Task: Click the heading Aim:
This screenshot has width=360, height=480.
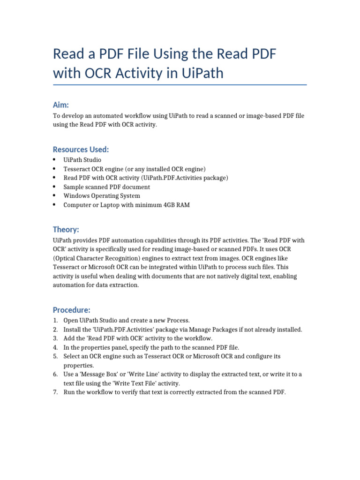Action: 61,105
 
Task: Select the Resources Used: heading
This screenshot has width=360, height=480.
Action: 81,150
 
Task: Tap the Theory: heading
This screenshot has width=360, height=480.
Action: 66,229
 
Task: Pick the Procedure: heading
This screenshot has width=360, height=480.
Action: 71,310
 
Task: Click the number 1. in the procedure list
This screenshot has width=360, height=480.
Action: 55,320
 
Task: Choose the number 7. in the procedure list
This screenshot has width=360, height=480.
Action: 55,392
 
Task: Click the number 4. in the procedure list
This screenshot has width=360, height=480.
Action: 55,347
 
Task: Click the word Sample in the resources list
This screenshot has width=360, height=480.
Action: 73,187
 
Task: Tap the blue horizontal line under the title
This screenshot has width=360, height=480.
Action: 180,85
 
